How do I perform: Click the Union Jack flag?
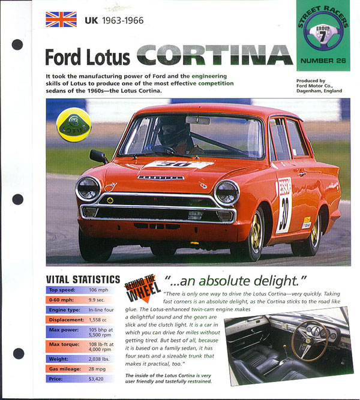tap(61, 20)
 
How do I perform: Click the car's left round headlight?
tap(88, 188)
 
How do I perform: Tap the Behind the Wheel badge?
tap(140, 287)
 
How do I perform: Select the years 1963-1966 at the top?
tap(122, 20)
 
